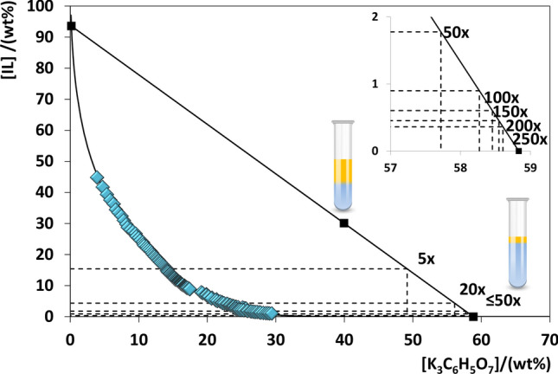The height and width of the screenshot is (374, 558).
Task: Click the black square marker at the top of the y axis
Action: tap(71, 26)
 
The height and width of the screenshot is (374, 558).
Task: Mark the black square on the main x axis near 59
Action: tap(473, 317)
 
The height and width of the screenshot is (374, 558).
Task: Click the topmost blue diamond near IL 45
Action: tap(97, 177)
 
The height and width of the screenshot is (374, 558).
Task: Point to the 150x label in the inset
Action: tap(508, 111)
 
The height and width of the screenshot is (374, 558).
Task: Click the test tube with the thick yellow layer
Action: tap(343, 166)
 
